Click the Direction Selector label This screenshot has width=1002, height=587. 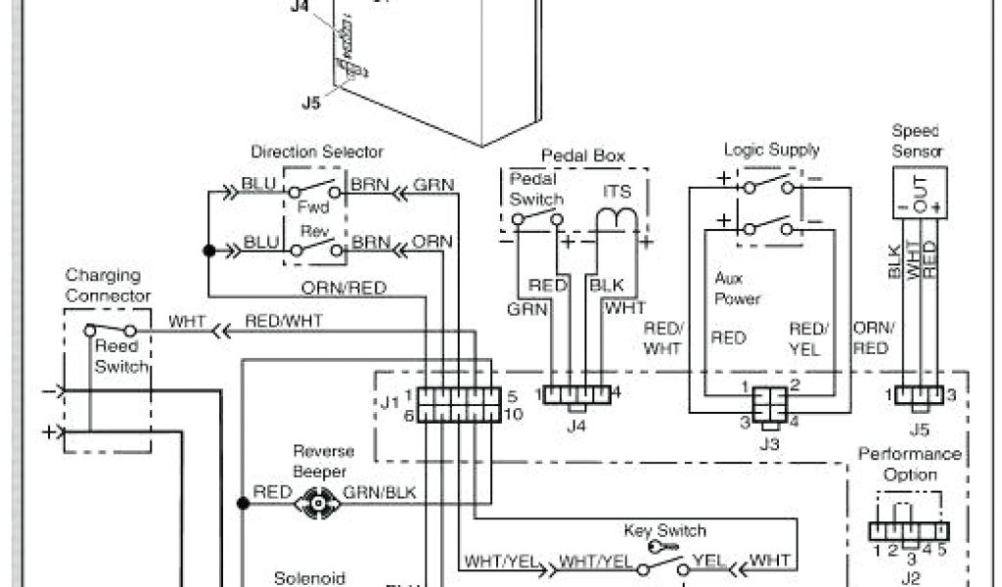(317, 152)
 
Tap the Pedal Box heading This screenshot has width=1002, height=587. (583, 156)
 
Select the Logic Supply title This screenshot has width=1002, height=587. (771, 150)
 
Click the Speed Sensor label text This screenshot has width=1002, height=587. (917, 141)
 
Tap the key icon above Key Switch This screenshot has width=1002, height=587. (661, 548)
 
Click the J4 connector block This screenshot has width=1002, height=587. (576, 395)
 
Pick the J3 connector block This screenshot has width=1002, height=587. (769, 405)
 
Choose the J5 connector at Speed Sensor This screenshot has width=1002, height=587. (921, 395)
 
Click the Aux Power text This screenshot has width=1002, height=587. (737, 289)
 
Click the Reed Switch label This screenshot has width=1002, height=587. (122, 356)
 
